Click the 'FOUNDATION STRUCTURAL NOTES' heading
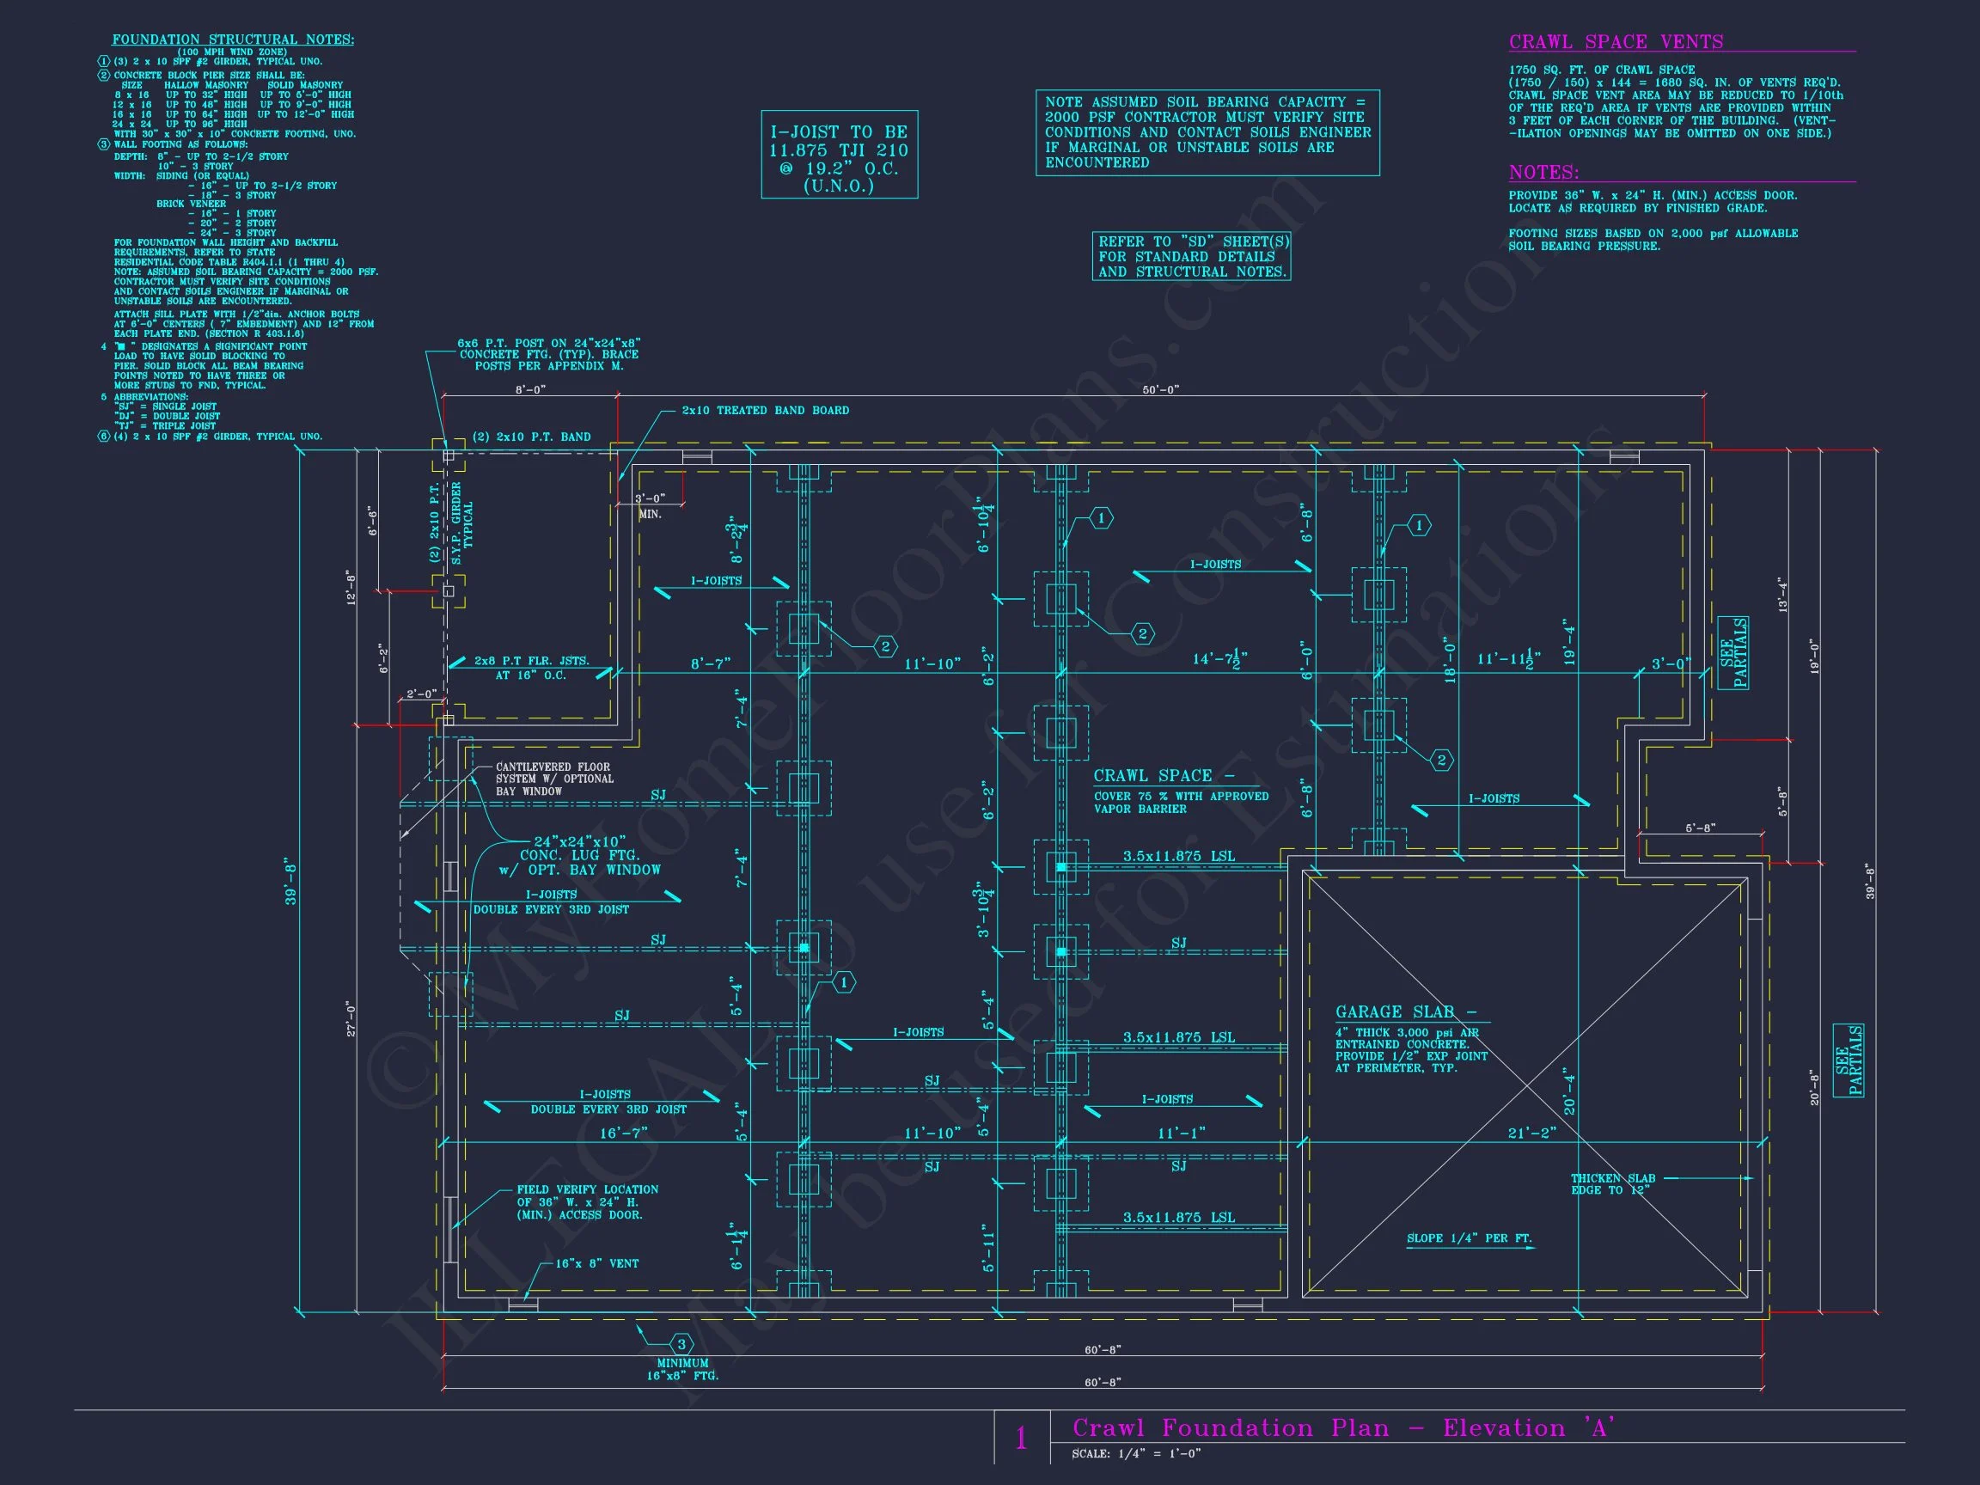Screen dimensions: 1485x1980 pyautogui.click(x=233, y=40)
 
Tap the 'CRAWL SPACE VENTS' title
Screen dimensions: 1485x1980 pyautogui.click(x=1616, y=42)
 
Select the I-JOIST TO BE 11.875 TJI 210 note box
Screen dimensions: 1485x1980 pyautogui.click(x=839, y=154)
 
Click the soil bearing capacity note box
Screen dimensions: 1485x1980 pyautogui.click(x=1207, y=132)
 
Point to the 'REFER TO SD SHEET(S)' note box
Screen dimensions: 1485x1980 pyautogui.click(x=1191, y=257)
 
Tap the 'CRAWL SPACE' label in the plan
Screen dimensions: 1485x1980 pyautogui.click(x=1164, y=776)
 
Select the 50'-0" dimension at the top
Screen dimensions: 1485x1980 pyautogui.click(x=1161, y=389)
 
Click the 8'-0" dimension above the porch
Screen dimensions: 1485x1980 pyautogui.click(x=530, y=389)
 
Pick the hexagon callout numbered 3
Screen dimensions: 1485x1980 pyautogui.click(x=681, y=1344)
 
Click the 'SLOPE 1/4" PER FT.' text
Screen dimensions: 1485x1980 pyautogui.click(x=1469, y=1239)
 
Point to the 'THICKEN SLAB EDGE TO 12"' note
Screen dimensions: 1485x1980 pyautogui.click(x=1612, y=1184)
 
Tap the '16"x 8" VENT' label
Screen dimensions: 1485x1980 pyautogui.click(x=597, y=1264)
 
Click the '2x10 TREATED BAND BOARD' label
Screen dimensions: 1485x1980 pyautogui.click(x=766, y=411)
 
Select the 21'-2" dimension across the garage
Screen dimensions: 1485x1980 pyautogui.click(x=1532, y=1134)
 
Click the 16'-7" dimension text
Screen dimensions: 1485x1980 pyautogui.click(x=623, y=1134)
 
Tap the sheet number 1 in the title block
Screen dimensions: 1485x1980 pyautogui.click(x=1021, y=1439)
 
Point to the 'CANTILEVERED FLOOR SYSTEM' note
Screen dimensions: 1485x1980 pyautogui.click(x=554, y=779)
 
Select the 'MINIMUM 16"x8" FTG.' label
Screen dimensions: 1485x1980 pyautogui.click(x=682, y=1370)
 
